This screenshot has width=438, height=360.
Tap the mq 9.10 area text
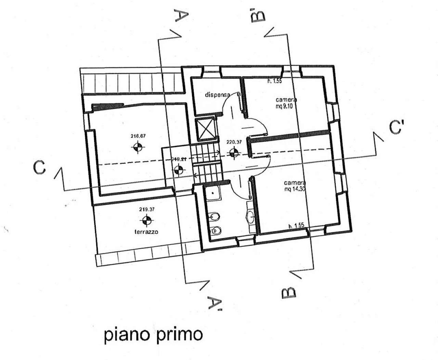286,106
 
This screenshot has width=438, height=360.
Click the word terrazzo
146,232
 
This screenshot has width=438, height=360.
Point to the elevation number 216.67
138,136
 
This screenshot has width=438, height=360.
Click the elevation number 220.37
234,141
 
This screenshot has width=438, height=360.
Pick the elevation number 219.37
147,210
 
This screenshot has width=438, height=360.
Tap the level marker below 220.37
234,153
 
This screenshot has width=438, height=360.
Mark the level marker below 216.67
138,147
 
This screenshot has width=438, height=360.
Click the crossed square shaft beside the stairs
205,130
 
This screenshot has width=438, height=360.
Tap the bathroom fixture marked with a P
215,231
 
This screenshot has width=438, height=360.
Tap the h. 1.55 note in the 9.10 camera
274,82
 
